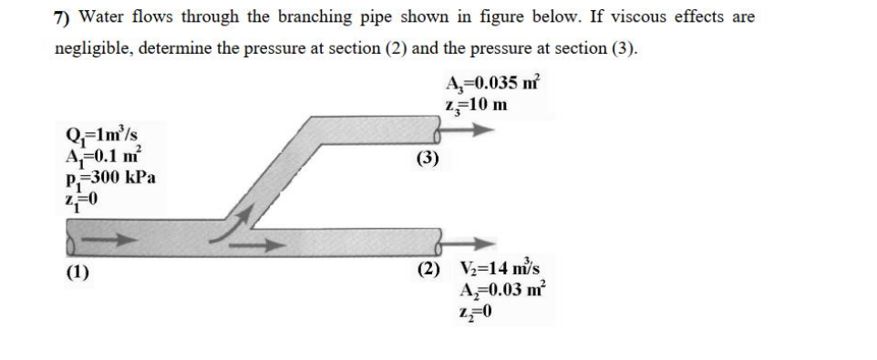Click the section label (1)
77,272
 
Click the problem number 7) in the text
62,17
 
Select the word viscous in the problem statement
632,17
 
